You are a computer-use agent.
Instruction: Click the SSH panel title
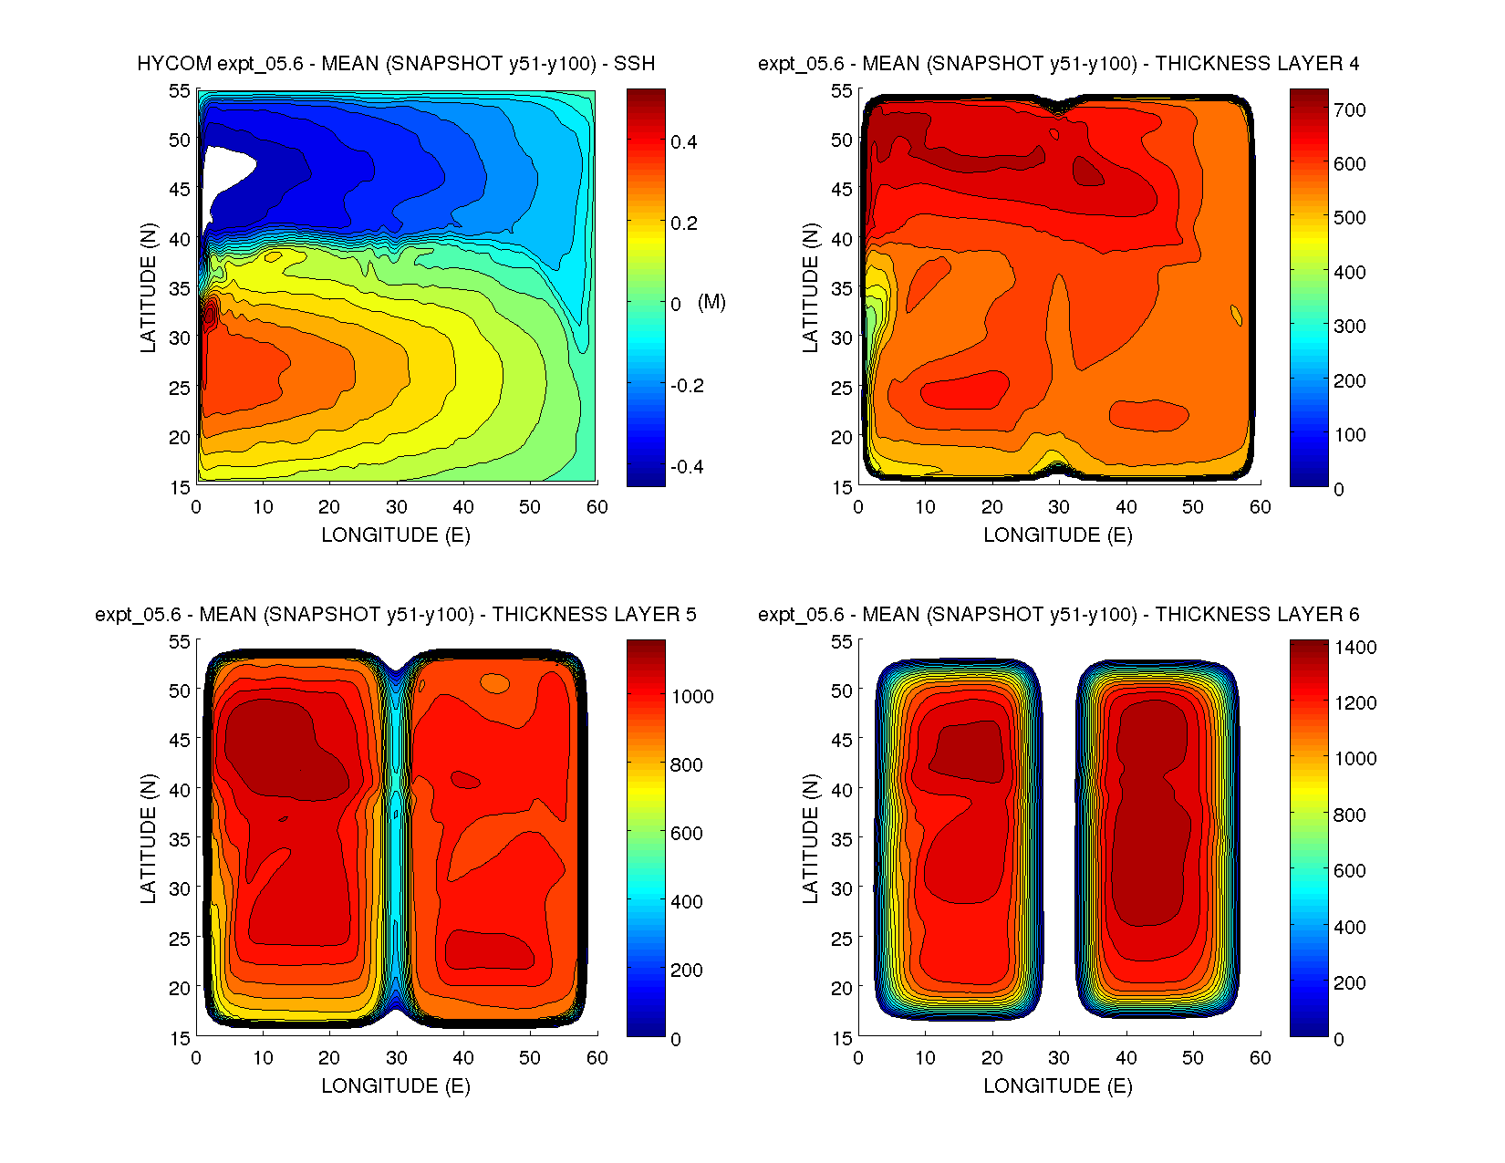point(396,64)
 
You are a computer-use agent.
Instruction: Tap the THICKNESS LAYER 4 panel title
point(1058,64)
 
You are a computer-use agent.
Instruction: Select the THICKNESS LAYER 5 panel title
point(396,615)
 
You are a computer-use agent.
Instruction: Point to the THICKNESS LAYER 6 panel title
point(1058,615)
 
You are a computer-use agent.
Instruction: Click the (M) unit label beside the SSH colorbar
point(711,302)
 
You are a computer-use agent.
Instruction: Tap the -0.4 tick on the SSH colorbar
point(686,467)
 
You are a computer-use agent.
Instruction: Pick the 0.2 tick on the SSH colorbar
point(684,223)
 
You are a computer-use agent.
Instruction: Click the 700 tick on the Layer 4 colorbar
point(1350,110)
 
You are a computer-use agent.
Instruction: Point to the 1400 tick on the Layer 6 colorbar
point(1355,648)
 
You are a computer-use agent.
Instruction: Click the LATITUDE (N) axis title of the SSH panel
point(149,288)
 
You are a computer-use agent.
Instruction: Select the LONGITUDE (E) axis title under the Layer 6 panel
point(1058,1085)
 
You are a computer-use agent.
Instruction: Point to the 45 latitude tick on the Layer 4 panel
point(841,190)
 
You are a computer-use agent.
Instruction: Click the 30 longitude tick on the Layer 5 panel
point(396,1058)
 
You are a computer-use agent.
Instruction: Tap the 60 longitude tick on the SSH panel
point(597,507)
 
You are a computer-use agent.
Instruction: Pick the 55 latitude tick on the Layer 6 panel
point(841,642)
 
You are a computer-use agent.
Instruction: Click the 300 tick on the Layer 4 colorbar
point(1350,327)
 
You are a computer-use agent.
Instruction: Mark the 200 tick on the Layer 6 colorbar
point(1350,983)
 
